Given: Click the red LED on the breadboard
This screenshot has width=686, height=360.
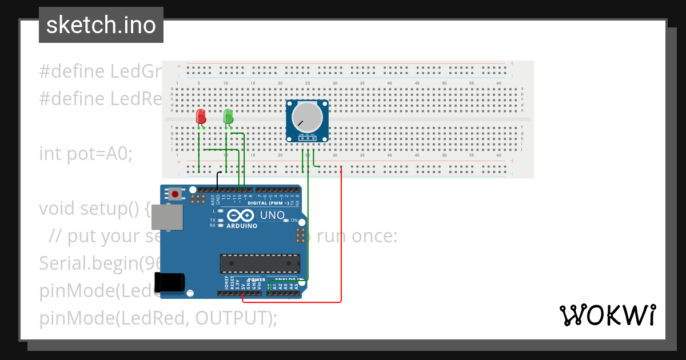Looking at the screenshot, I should click(x=201, y=117).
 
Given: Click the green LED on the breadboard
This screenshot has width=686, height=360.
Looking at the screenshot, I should click(x=228, y=117).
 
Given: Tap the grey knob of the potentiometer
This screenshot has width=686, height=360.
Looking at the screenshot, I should click(x=307, y=117).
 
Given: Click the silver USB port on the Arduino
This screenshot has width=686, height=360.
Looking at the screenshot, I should click(x=168, y=218).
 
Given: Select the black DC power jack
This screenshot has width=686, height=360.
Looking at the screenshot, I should click(x=171, y=282).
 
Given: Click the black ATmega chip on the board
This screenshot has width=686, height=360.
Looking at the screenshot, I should click(x=260, y=263).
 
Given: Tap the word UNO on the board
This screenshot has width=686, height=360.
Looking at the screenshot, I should click(x=272, y=215).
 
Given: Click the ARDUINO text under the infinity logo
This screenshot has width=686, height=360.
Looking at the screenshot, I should click(x=242, y=226).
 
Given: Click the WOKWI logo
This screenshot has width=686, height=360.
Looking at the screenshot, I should click(x=607, y=315).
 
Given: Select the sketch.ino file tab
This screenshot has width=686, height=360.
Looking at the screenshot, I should click(x=101, y=25).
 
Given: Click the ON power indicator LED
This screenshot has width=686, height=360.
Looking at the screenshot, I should click(x=295, y=220).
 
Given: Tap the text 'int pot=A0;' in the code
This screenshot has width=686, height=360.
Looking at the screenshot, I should click(x=86, y=154).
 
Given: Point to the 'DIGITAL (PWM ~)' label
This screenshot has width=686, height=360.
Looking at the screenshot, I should click(x=265, y=203).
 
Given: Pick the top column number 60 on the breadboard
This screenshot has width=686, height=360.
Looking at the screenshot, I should click(x=499, y=83).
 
